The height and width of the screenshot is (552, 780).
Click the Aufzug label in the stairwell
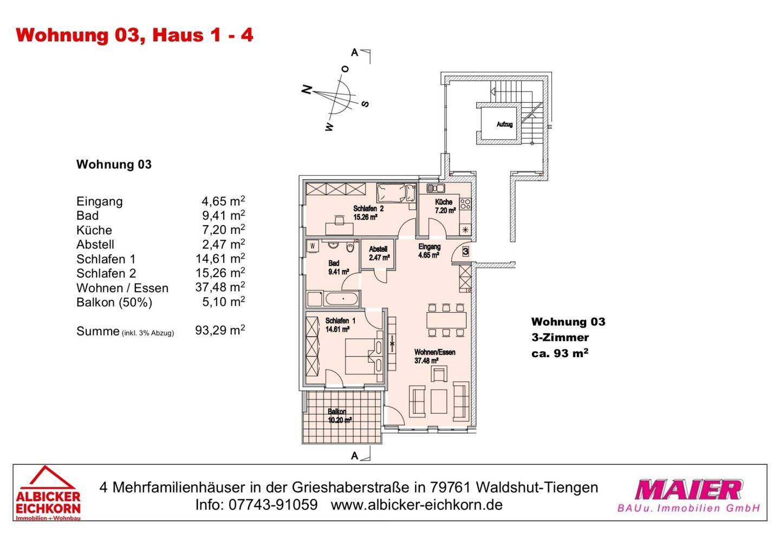coord(504,124)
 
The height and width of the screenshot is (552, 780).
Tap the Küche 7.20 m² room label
coord(444,206)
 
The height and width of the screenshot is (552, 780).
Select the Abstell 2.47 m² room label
coord(379,253)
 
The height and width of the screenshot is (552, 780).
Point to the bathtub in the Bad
coord(341,298)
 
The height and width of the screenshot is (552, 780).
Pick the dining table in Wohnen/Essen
coord(446,320)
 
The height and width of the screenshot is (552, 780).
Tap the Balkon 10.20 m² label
coord(340,416)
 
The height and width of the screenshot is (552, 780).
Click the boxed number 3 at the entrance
coord(465,251)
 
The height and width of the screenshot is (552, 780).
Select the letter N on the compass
coord(307,90)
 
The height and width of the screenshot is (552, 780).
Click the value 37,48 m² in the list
coord(220,287)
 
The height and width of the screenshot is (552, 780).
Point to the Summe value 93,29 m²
coord(220,331)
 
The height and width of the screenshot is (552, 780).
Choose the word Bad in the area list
coord(88,215)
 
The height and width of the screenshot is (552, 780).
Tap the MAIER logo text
coord(688,490)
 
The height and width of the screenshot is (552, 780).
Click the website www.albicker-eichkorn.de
coord(416,505)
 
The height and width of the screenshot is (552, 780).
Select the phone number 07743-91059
coord(273,505)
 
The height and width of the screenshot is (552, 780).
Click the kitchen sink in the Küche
coord(435,188)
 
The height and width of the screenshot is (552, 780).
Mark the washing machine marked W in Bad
coord(313,246)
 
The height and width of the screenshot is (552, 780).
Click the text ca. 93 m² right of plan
coord(560,353)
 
